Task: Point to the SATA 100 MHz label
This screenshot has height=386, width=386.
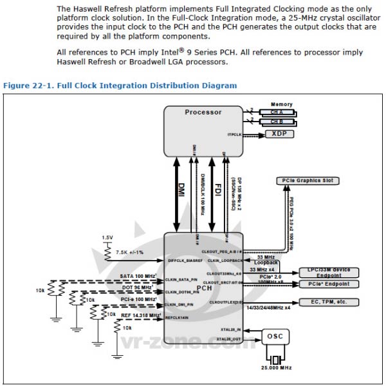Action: coord(138,275)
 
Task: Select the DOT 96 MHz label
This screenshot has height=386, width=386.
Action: coord(138,287)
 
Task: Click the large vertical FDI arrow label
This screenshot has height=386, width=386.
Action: coord(217,190)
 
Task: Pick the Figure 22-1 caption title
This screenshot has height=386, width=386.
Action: coord(120,85)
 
